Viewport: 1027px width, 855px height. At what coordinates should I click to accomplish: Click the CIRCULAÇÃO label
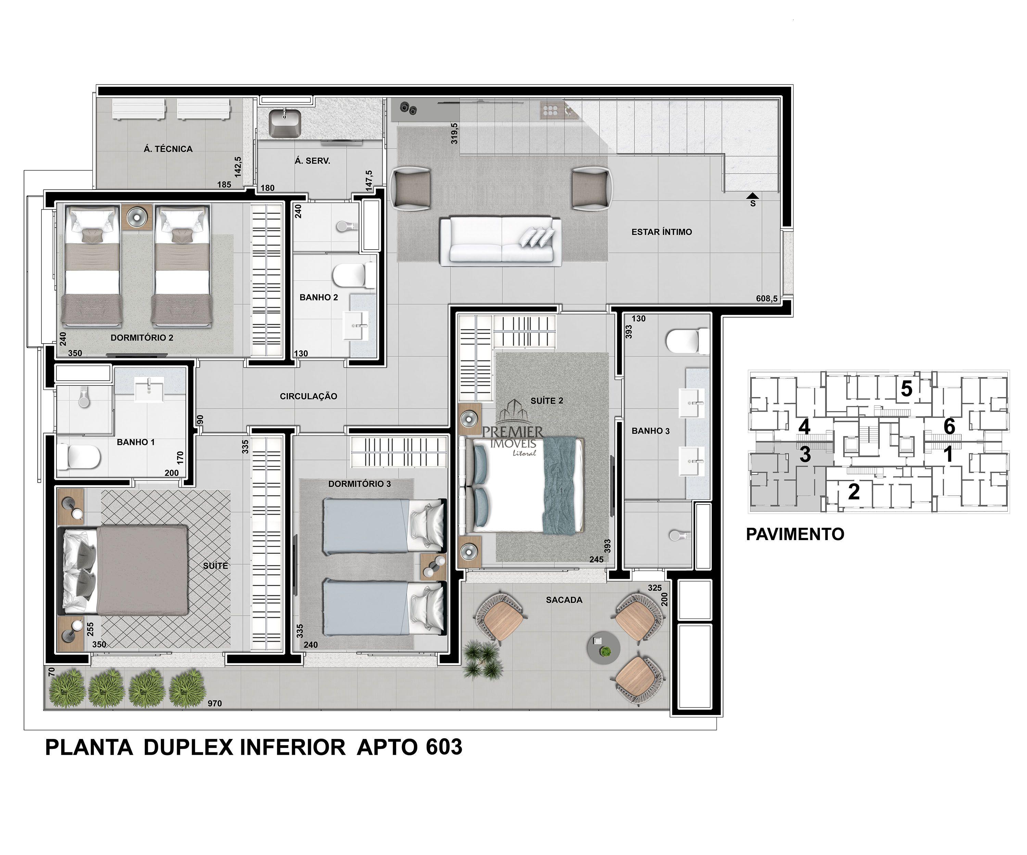pos(308,396)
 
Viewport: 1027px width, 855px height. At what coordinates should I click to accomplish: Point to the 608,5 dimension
pos(766,299)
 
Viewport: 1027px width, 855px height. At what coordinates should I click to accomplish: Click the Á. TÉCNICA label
pos(168,149)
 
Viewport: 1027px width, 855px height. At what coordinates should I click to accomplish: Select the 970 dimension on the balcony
pos(215,703)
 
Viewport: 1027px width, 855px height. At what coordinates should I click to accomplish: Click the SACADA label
pos(565,600)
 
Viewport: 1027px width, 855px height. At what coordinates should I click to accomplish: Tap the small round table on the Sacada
pos(604,648)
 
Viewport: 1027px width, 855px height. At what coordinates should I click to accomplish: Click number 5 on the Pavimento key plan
pos(906,389)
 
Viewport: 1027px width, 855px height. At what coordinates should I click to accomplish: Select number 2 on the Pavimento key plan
pos(854,492)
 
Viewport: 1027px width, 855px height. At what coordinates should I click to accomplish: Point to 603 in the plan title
pos(444,748)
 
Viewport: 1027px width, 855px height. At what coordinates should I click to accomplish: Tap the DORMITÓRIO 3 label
pos(359,484)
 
